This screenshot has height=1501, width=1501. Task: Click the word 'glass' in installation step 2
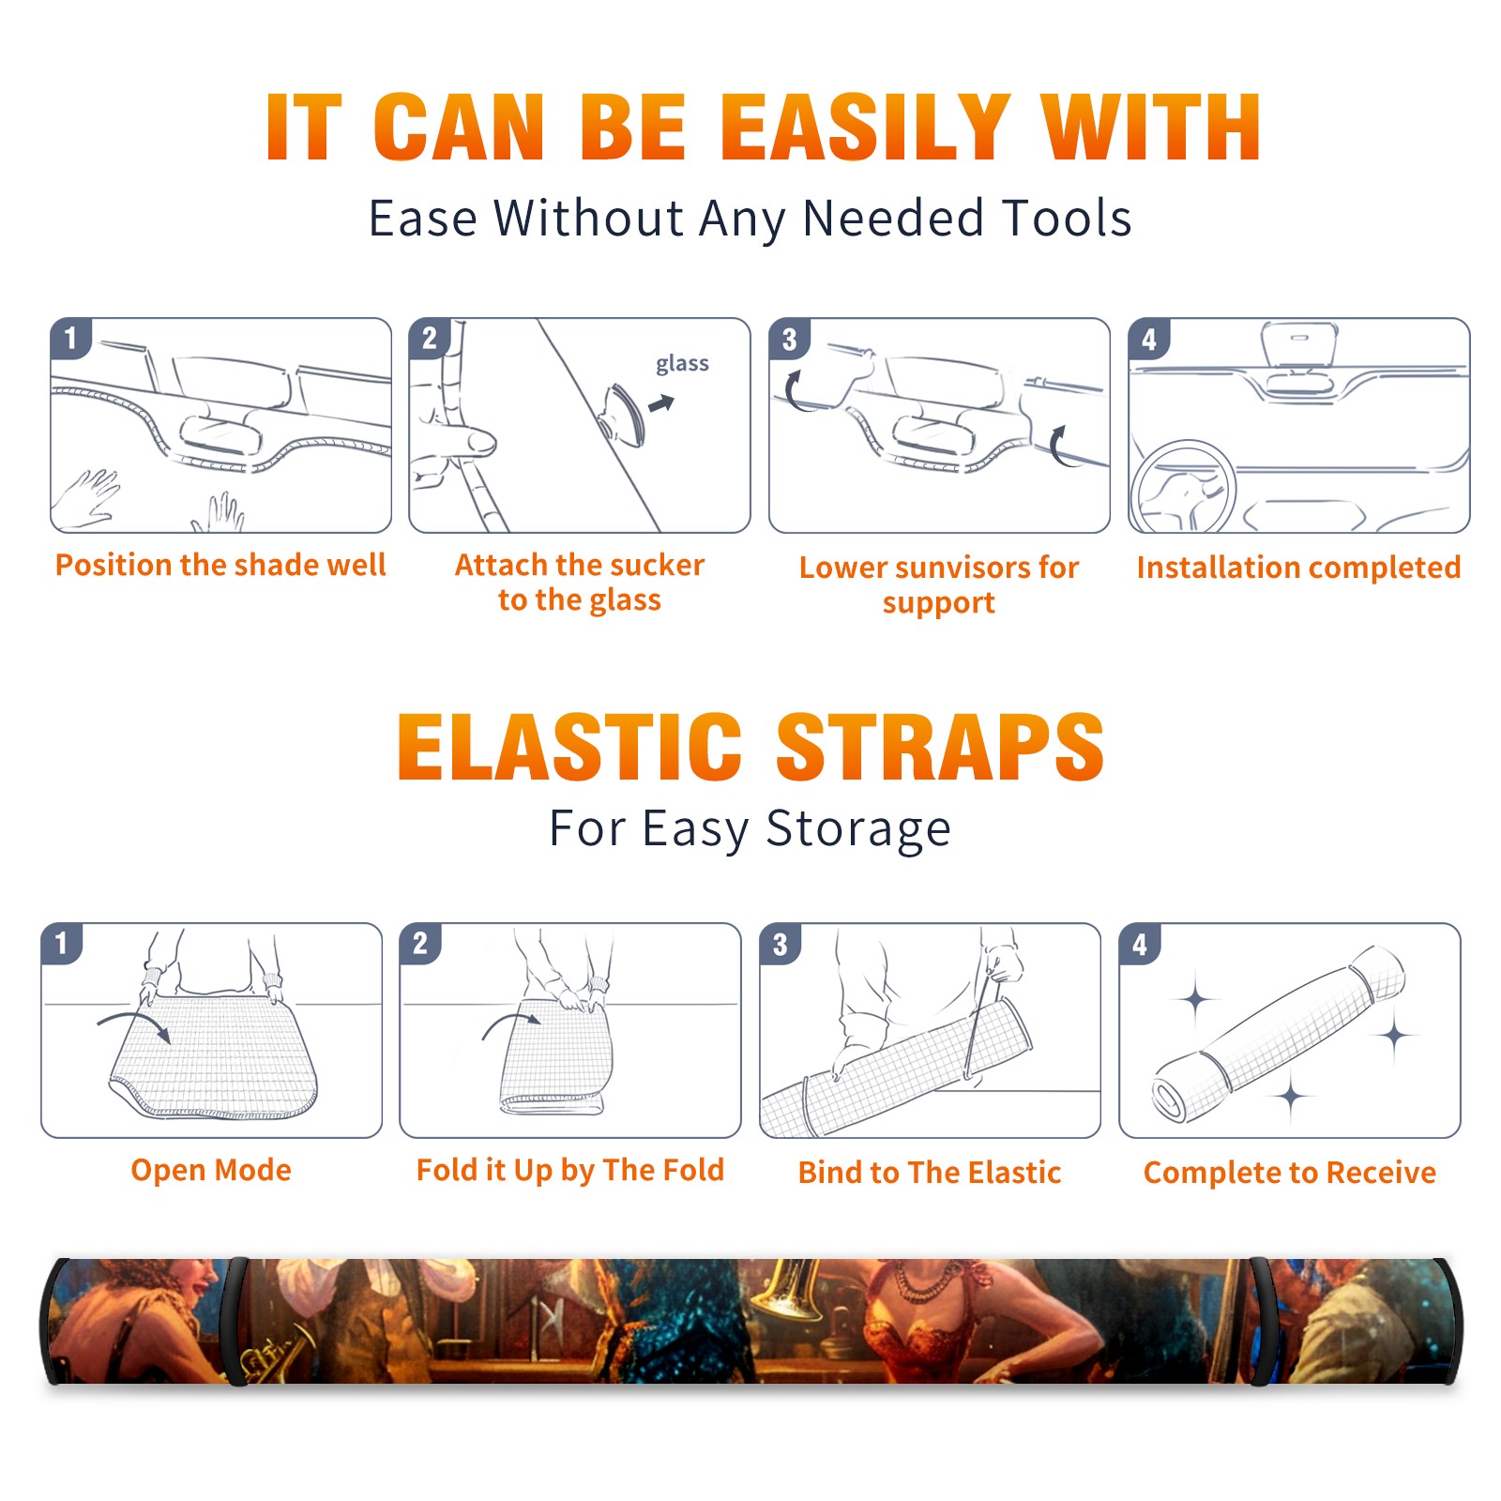682,364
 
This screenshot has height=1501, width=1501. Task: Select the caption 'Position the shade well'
220,565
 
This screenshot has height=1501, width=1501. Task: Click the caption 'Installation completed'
1298,567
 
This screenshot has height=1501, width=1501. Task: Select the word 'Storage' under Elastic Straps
858,829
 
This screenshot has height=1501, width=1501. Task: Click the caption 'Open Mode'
211,1170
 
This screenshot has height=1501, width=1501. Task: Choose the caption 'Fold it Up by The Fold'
570,1170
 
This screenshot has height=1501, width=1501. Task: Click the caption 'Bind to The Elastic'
930,1172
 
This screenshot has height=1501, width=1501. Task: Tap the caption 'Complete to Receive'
1290,1173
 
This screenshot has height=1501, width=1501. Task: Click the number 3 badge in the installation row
789,339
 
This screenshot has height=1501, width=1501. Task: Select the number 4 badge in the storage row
1140,944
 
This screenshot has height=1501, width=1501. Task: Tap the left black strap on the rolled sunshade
235,1322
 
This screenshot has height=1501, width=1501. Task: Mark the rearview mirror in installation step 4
1298,343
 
